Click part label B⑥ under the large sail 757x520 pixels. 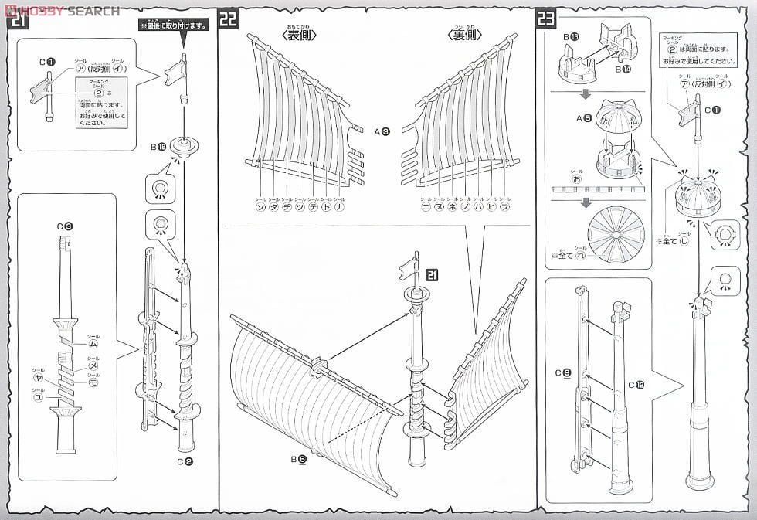(299, 459)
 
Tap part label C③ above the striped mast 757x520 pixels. (65, 226)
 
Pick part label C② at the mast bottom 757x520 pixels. (183, 463)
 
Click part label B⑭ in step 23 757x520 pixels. (623, 70)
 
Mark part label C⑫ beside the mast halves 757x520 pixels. (636, 384)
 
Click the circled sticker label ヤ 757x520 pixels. (37, 379)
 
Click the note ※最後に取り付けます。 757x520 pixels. (174, 25)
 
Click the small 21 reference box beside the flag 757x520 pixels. (433, 274)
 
